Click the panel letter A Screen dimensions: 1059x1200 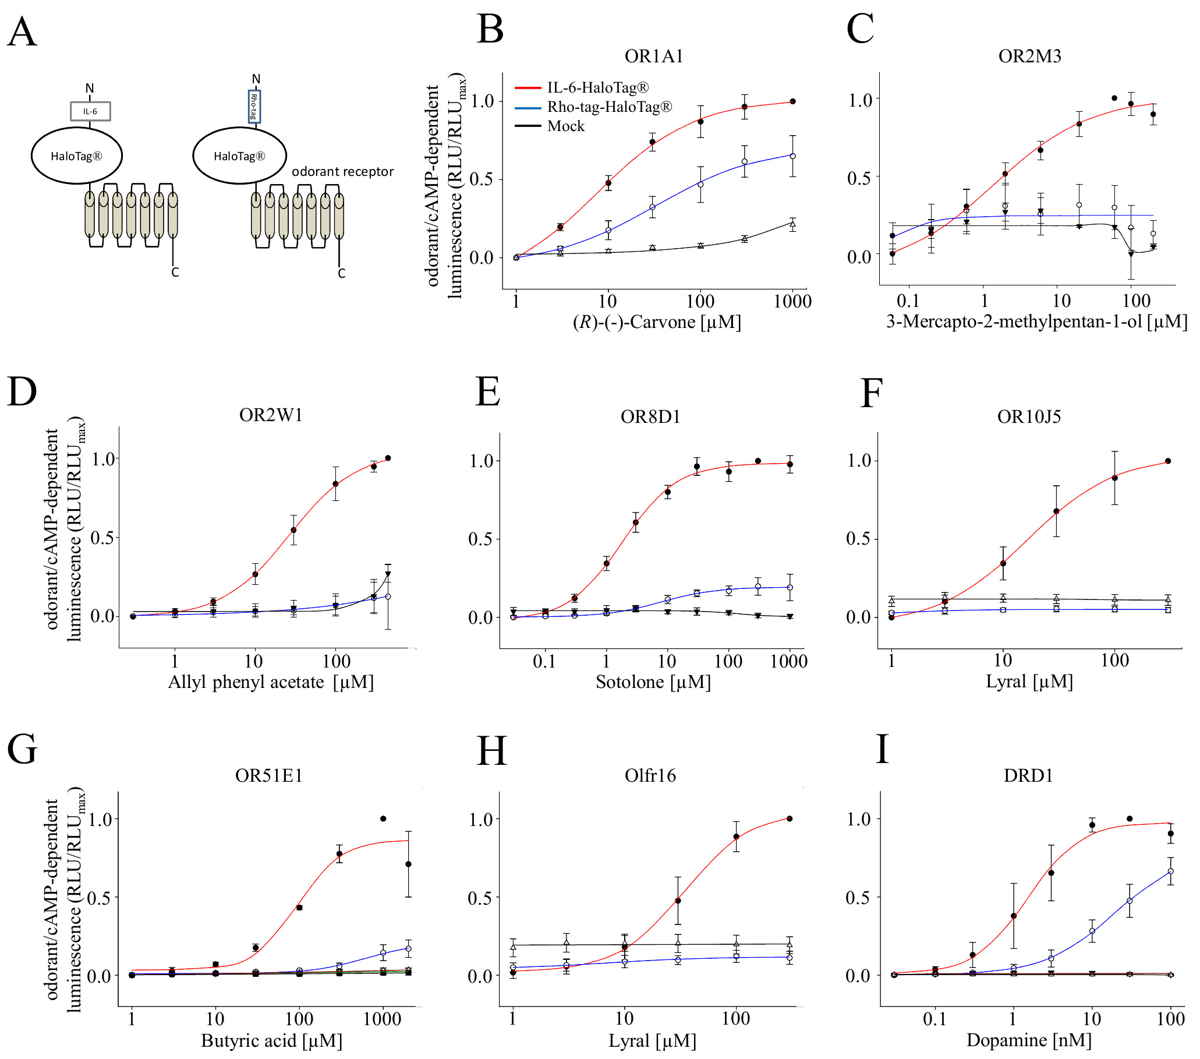coord(22,32)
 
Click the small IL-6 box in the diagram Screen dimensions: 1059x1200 coord(90,111)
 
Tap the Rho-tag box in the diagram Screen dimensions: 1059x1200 coord(254,107)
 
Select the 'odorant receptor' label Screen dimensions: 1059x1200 coord(342,171)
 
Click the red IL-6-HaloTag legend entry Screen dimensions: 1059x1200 coord(597,87)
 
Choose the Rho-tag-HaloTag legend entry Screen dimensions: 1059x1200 coord(609,107)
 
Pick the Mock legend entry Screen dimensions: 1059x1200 coord(565,126)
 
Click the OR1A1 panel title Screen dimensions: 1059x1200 coord(653,57)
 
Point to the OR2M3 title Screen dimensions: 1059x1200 coord(1029,57)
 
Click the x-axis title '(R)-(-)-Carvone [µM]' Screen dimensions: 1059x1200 coord(656,323)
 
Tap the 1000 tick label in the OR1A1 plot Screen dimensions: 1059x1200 coord(792,302)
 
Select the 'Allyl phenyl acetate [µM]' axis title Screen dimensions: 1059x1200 coord(271,682)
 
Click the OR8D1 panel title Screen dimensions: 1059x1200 coord(650,417)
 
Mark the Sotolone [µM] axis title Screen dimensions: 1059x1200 coord(653,682)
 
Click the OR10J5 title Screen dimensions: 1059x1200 coord(1029,417)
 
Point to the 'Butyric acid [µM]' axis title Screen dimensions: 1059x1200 coord(271,1041)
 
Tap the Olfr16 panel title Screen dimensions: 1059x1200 coord(650,776)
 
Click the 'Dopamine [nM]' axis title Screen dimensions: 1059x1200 coord(1029,1040)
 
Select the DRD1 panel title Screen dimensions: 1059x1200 coord(1028,776)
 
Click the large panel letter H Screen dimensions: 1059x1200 coord(491,751)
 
